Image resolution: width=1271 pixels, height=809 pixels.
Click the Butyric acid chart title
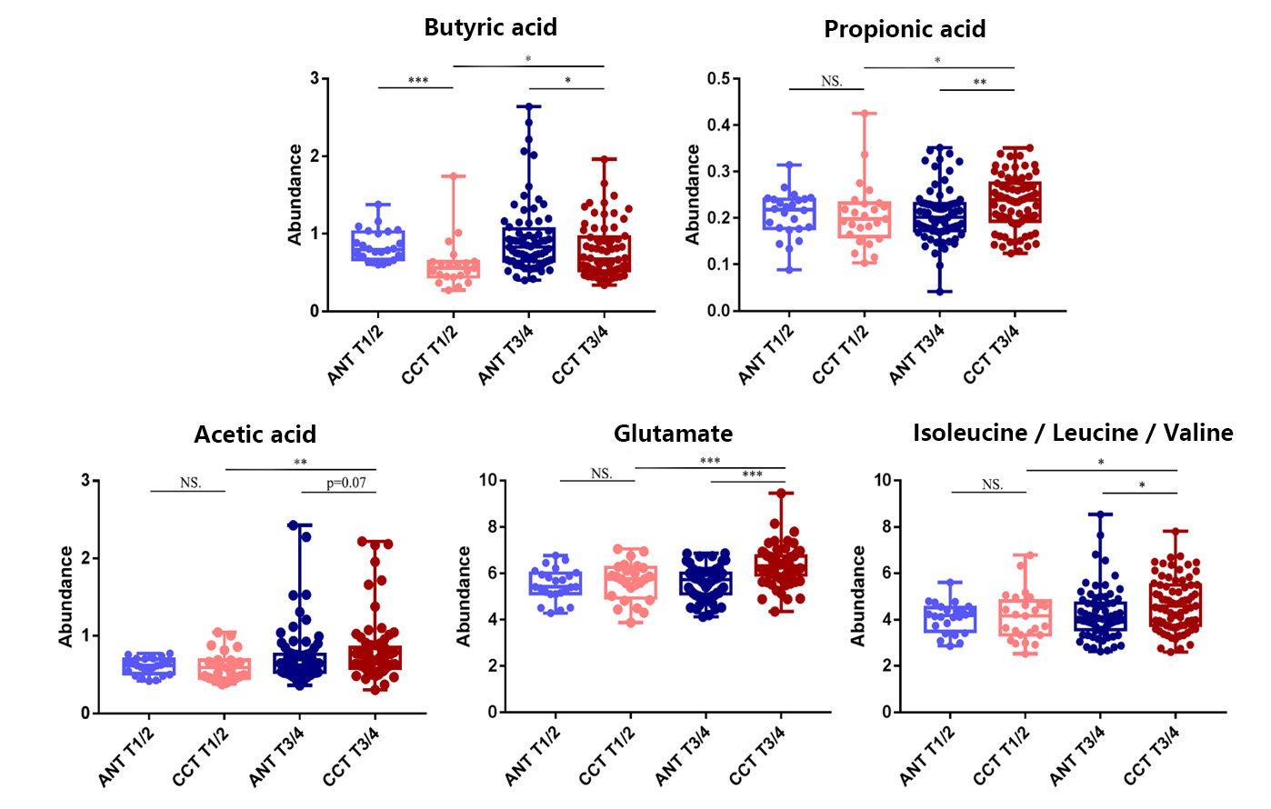pos(490,27)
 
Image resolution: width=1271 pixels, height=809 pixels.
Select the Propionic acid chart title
pos(905,29)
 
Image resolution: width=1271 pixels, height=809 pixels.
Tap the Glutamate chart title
pos(673,434)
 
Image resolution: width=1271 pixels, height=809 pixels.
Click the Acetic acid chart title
pos(255,434)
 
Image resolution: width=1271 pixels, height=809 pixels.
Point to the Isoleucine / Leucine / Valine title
pos(1073,433)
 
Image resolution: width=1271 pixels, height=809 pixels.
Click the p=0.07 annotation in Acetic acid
pos(346,483)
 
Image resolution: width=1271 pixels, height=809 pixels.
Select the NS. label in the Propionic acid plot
pos(831,82)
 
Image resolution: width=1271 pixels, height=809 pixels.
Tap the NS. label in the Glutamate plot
pos(601,474)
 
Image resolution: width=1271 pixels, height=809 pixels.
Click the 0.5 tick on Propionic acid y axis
pos(718,79)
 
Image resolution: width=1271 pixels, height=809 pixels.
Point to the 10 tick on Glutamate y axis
pos(488,480)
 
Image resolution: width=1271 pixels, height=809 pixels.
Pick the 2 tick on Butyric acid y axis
pos(315,156)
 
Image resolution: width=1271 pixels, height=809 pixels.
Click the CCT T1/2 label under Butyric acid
pos(430,355)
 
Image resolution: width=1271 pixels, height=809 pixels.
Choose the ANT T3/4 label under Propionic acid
pos(916,355)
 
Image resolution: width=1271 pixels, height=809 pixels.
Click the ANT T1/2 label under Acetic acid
pos(126,757)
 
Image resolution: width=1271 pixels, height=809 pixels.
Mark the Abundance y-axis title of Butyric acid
pos(295,195)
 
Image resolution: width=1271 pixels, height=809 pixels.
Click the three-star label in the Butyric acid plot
pos(418,81)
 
